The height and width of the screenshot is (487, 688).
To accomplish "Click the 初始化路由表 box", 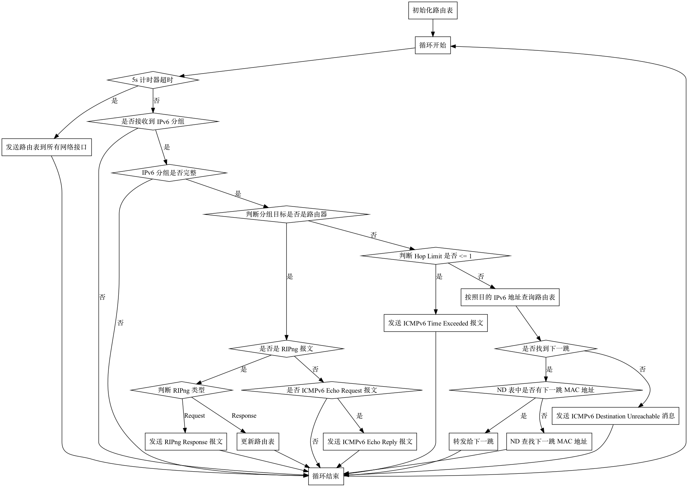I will click(433, 10).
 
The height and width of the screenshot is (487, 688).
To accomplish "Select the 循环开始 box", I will click(433, 45).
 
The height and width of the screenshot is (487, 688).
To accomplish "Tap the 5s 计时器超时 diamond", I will click(153, 80).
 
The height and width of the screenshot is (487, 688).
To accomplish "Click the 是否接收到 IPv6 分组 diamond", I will click(153, 121).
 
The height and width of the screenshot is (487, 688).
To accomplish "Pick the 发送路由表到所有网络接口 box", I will click(46, 147).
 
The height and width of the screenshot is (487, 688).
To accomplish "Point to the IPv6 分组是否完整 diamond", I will click(169, 173).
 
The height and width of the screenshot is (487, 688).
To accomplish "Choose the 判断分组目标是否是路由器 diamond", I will click(286, 214).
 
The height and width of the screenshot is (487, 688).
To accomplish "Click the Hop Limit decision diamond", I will click(436, 256).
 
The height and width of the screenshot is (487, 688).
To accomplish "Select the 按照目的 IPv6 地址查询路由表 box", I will click(510, 297).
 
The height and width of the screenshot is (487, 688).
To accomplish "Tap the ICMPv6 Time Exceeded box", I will click(436, 323).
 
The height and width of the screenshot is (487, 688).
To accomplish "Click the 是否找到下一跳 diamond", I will click(546, 348).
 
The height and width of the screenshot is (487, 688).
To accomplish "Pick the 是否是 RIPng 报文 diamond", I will click(286, 349).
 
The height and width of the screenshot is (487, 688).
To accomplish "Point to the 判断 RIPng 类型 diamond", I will click(182, 390).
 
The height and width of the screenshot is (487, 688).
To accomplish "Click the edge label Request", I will click(195, 416).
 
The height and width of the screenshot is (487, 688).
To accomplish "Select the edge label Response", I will click(244, 416).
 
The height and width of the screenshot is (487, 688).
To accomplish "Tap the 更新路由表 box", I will click(257, 442).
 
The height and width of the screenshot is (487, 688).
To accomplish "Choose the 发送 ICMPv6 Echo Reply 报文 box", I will click(370, 442).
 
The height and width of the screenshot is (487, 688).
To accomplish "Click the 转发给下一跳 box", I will click(473, 442).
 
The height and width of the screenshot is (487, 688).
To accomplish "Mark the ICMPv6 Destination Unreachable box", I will click(615, 416).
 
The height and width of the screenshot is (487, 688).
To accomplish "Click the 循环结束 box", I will click(326, 476).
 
